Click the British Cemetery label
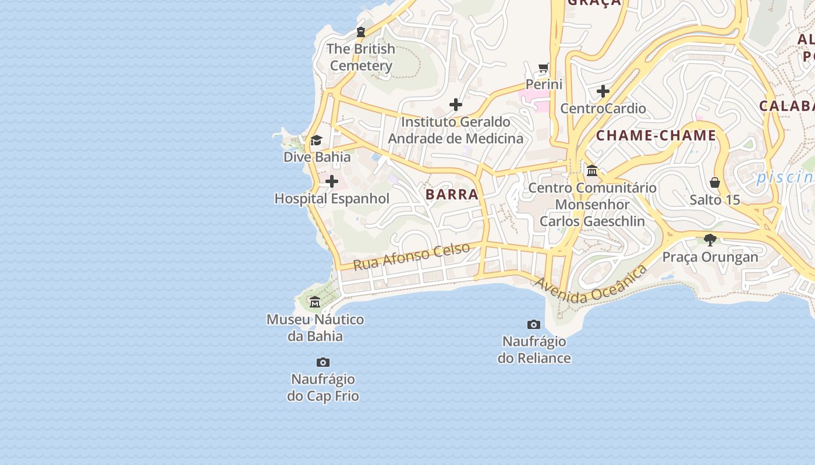point(361,57)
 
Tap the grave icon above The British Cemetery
point(361,32)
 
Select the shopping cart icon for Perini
point(544,67)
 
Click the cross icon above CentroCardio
point(603,91)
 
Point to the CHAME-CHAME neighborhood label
point(656,135)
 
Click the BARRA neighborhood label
point(452,194)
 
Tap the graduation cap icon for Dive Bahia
point(317,140)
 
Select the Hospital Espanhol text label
point(332,198)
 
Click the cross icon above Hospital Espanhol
point(332,181)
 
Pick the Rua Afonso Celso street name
point(412,256)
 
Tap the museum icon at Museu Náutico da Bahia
point(315,302)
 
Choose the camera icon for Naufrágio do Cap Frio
point(323,362)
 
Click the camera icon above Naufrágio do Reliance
point(534,324)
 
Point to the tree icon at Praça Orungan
point(710,239)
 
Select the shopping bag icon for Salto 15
point(715,183)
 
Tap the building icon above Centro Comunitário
point(593,170)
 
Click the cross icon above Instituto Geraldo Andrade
point(456,105)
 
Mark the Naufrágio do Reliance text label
point(534,349)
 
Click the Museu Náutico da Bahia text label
point(315,328)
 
